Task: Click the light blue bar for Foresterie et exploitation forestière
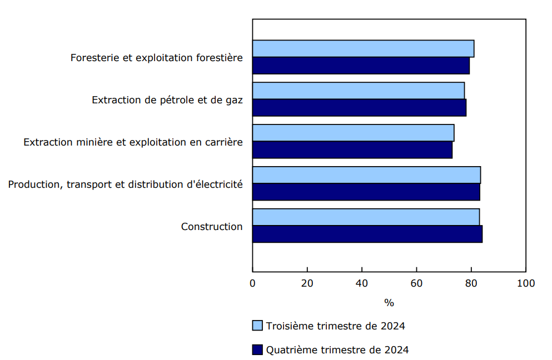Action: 363,48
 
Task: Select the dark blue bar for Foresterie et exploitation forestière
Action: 361,66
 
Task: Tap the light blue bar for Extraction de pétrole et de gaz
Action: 359,91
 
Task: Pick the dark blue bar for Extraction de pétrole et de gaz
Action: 359,108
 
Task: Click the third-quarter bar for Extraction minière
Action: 353,133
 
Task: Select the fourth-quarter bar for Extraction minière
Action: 352,150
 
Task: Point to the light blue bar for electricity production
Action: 366,175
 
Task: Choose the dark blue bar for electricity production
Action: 366,192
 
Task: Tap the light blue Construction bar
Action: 366,217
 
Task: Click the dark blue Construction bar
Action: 367,234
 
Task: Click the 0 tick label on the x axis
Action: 253,283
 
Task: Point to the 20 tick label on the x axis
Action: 307,283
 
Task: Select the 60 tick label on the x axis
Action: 416,283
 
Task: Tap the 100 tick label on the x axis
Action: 525,283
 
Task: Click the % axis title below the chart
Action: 389,303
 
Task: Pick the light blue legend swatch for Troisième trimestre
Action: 257,326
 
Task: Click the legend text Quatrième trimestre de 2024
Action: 337,350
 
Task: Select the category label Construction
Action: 212,227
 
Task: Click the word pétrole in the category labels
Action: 174,100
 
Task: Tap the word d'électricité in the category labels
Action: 216,184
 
